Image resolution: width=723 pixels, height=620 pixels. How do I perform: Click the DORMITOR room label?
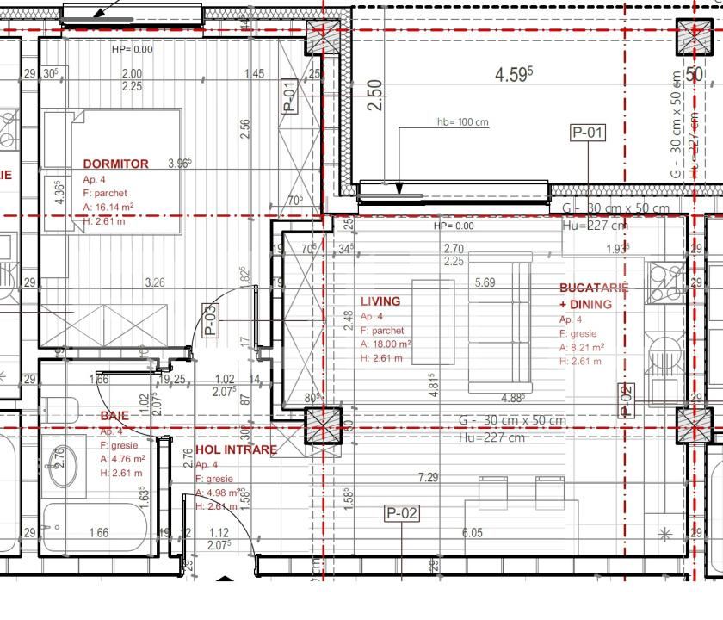point(115,164)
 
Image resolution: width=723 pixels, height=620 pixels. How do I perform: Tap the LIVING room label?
point(380,301)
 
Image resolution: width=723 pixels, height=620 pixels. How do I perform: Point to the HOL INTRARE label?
point(237,449)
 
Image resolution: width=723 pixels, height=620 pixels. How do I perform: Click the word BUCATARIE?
point(594,288)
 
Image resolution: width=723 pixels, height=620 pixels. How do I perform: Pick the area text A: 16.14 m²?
point(108,207)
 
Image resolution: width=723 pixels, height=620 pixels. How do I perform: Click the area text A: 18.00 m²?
point(386,344)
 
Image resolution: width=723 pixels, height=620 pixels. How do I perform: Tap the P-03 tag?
point(209,319)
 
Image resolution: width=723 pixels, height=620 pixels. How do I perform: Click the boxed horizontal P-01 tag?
point(589,132)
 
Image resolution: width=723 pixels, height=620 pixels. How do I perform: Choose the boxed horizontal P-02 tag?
point(402,514)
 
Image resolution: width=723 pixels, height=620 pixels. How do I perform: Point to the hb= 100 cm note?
point(462,121)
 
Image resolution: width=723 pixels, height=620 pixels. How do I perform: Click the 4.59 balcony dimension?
point(514,75)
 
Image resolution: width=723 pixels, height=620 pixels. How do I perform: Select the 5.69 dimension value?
point(485,282)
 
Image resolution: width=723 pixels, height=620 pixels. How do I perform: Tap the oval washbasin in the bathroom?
point(62,469)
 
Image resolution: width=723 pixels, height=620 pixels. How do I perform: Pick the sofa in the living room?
point(512,322)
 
